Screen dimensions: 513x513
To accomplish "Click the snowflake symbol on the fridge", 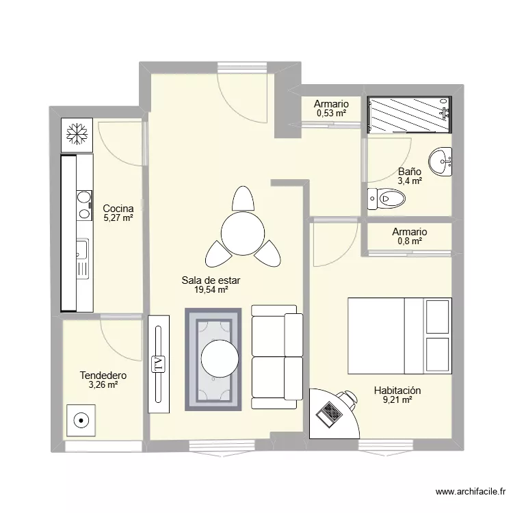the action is [77, 134].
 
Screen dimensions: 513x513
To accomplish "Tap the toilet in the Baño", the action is [386, 198].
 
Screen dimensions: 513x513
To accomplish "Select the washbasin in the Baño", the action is [440, 161].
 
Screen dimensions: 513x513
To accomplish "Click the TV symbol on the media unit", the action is [159, 365].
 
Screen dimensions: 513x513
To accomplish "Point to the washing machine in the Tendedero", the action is [81, 421].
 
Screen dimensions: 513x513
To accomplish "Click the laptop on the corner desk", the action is [329, 415].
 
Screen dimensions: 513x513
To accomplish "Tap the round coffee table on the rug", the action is [220, 358].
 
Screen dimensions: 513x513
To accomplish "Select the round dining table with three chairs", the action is [242, 233].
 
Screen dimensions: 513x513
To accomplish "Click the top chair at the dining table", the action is [243, 198].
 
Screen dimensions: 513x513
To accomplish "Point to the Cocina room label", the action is [118, 209].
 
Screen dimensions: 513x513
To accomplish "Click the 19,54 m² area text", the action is [211, 289].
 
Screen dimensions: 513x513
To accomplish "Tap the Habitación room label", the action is [397, 391].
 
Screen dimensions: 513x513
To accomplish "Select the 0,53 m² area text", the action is [331, 113].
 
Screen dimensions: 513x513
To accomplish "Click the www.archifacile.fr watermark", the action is [471, 492].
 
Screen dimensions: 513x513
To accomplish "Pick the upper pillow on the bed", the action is [437, 317].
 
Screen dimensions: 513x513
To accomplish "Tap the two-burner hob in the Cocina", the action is [84, 205].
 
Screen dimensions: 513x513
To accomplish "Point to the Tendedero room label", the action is [103, 376].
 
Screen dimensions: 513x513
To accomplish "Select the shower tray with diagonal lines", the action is [410, 115].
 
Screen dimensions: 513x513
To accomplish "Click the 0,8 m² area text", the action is [410, 241].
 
